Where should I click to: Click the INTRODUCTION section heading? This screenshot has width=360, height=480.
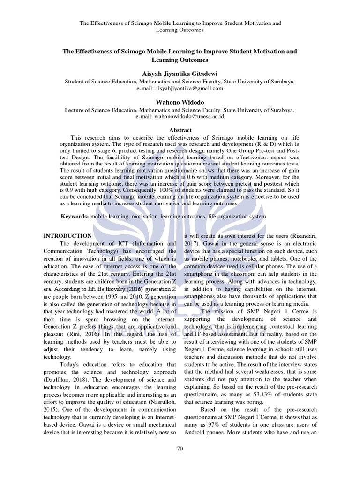click(67, 236)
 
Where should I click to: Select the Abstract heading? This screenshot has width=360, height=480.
click(180, 130)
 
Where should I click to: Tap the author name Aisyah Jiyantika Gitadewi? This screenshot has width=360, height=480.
click(180, 74)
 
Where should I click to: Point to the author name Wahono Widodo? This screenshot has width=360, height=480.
click(180, 102)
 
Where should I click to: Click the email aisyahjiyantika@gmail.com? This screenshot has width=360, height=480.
click(180, 88)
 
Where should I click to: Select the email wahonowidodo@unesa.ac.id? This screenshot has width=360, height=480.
click(180, 117)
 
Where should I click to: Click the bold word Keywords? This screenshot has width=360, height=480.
click(75, 217)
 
